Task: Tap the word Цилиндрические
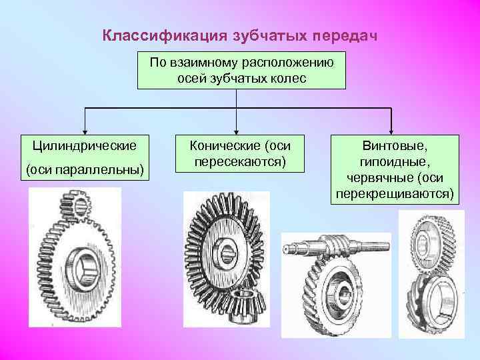85,145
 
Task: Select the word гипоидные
392,161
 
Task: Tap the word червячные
378,178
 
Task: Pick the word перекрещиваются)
392,194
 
